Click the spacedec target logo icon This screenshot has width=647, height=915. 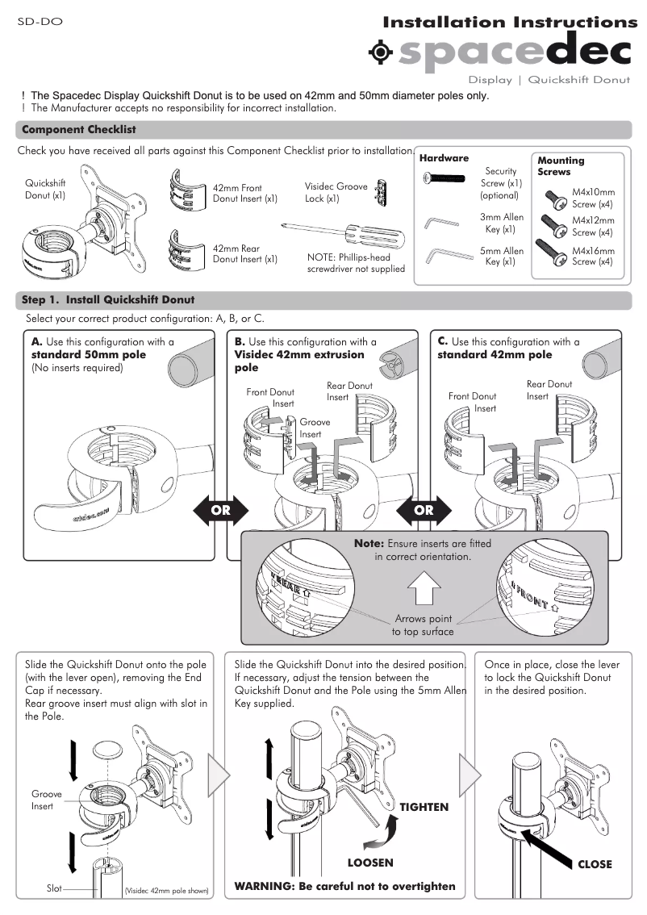[x=380, y=52]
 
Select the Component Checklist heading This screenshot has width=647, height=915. [x=79, y=130]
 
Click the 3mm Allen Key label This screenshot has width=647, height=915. [x=502, y=224]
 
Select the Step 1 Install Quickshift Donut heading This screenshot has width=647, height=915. [x=108, y=300]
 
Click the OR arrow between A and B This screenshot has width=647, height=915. [x=220, y=510]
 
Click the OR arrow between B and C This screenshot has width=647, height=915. [x=424, y=510]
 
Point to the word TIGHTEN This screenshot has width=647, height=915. [x=424, y=807]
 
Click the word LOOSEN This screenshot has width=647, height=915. [x=370, y=863]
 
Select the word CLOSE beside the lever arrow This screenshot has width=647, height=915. [x=595, y=864]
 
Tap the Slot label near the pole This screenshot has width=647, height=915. [x=54, y=888]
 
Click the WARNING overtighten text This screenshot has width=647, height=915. [x=344, y=886]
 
